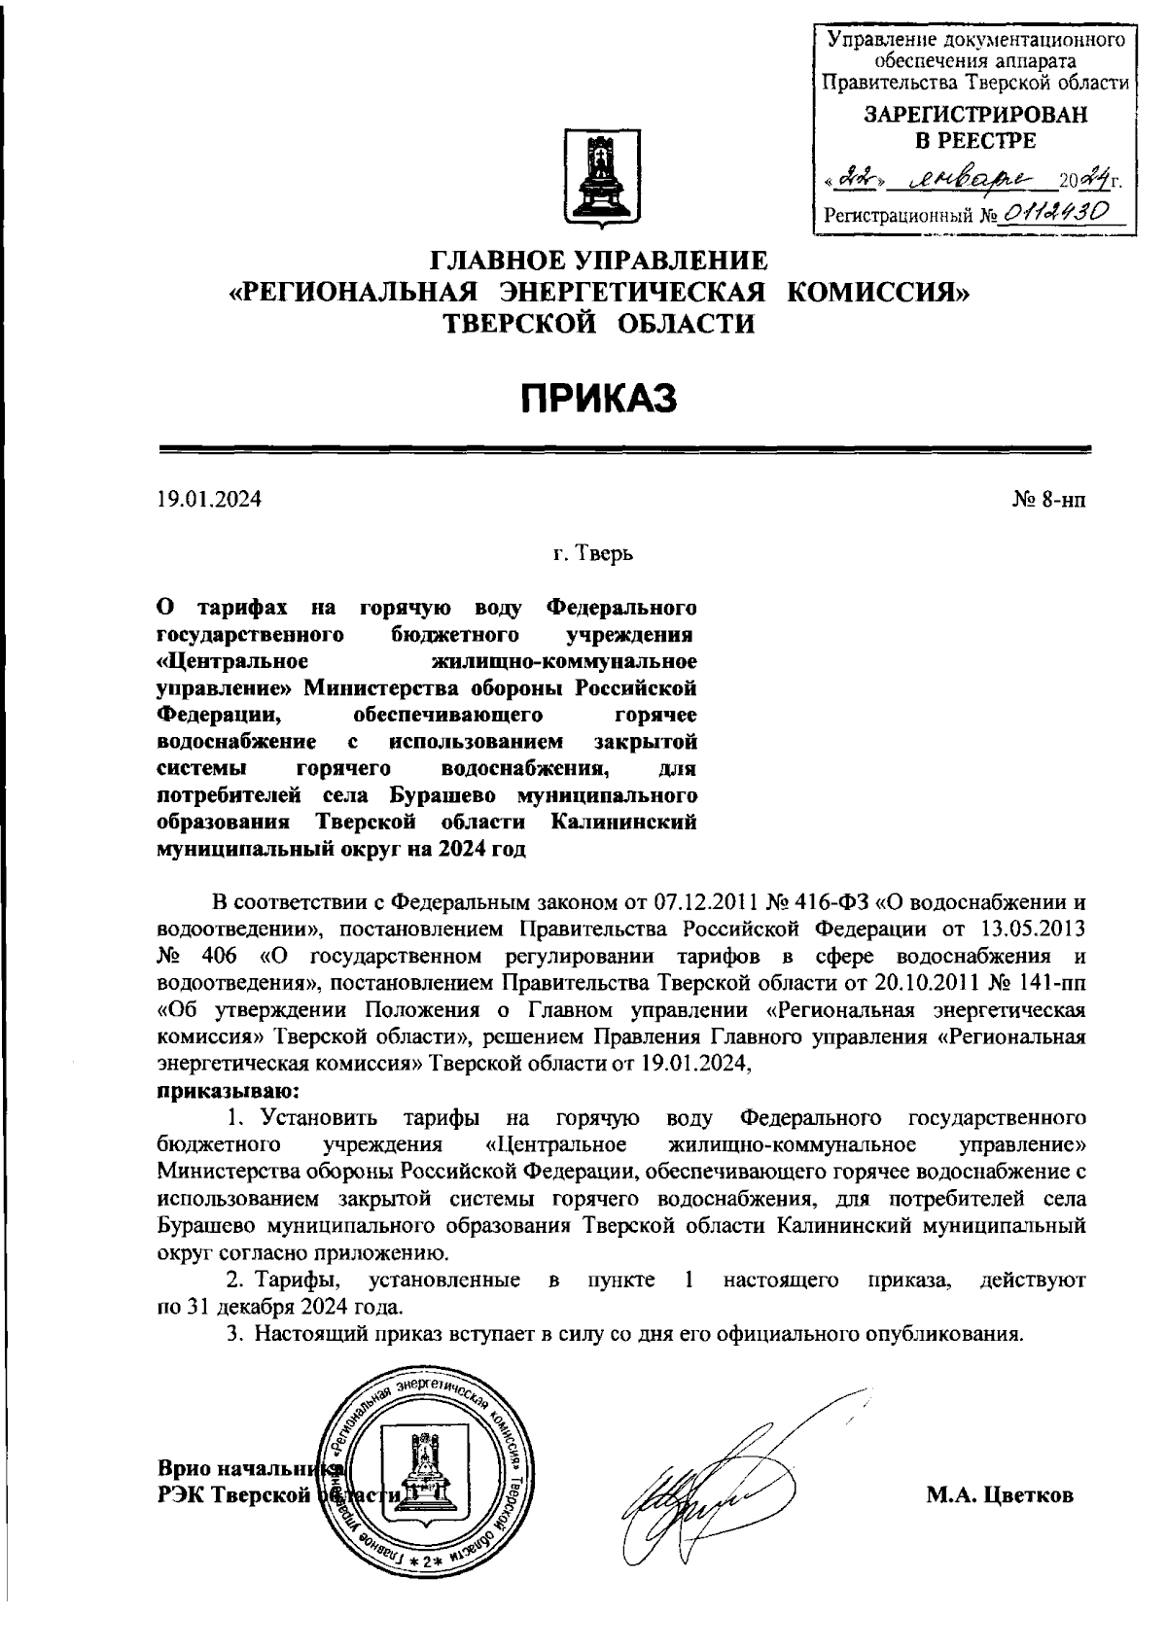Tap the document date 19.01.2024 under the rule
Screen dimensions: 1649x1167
209,500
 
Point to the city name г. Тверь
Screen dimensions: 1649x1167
594,554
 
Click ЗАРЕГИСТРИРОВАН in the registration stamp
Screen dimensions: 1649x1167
974,115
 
